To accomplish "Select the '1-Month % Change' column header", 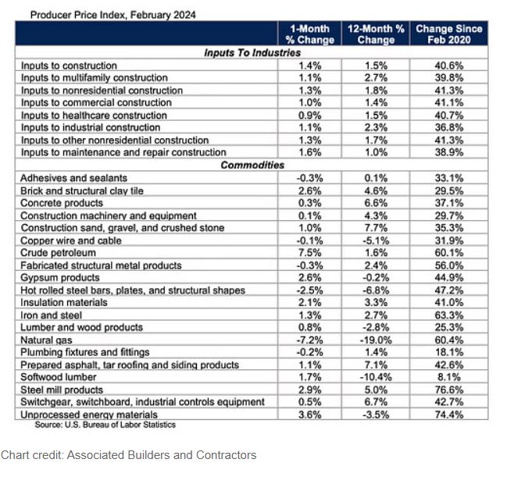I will (x=311, y=34).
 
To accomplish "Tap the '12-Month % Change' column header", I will (x=376, y=34).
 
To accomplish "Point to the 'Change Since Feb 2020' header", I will (x=448, y=34).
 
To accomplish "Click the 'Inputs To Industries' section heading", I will (x=252, y=53).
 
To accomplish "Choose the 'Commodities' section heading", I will (x=252, y=165).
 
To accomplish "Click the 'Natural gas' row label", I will (x=47, y=340).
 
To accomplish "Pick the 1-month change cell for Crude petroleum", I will (x=311, y=253).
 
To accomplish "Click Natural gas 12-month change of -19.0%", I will (x=376, y=340).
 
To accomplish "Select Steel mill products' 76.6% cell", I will (x=448, y=390).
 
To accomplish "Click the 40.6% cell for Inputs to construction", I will (x=448, y=66).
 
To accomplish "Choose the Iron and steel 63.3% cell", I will (x=448, y=315).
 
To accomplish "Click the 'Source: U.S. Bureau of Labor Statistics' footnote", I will (x=105, y=425).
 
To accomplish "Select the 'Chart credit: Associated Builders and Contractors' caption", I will (x=128, y=454).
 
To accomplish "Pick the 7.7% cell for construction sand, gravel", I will (x=376, y=228).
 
